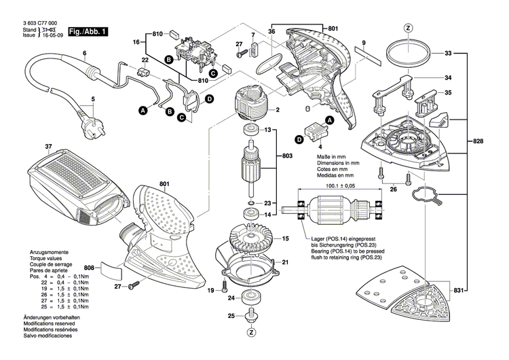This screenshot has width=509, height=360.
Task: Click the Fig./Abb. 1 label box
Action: tap(88, 31)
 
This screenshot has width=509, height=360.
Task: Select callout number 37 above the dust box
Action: tap(29, 147)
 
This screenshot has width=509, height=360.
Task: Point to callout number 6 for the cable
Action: tap(85, 53)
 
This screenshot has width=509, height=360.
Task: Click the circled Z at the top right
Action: tap(408, 28)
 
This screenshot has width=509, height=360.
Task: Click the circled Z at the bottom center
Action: tap(252, 333)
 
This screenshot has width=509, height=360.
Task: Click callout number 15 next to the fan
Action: tap(286, 238)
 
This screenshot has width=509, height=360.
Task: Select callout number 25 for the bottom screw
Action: tap(231, 317)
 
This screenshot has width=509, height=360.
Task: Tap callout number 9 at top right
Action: tap(364, 42)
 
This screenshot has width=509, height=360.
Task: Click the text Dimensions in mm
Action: tap(339, 163)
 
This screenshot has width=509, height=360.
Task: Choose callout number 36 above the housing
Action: tap(271, 31)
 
